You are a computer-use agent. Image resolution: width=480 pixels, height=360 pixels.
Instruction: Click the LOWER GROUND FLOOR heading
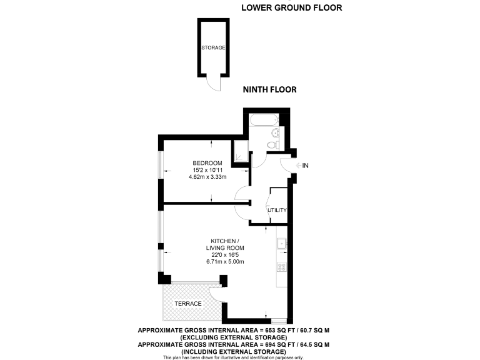pos(291,8)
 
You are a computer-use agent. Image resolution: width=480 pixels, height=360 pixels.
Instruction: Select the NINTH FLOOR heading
pos(269,90)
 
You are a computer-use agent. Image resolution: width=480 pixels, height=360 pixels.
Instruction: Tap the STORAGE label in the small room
pos(213,47)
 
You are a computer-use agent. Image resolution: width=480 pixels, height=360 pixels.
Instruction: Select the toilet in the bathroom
pos(271,146)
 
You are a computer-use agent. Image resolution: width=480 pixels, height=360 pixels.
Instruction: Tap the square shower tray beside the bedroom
pos(240,150)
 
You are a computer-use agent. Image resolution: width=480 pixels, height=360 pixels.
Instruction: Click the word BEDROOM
pos(207,163)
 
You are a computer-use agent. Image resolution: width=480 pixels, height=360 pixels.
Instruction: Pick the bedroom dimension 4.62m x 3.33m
pos(207,177)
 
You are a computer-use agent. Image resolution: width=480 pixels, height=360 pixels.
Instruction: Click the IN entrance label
pos(306,166)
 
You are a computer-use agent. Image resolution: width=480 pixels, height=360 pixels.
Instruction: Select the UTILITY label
pos(277,210)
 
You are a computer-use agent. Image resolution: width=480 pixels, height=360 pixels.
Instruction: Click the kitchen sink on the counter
pos(282,243)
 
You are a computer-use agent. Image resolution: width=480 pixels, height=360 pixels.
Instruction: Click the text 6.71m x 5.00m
pos(225,262)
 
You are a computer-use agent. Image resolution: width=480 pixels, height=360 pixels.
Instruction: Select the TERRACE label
pos(188,304)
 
